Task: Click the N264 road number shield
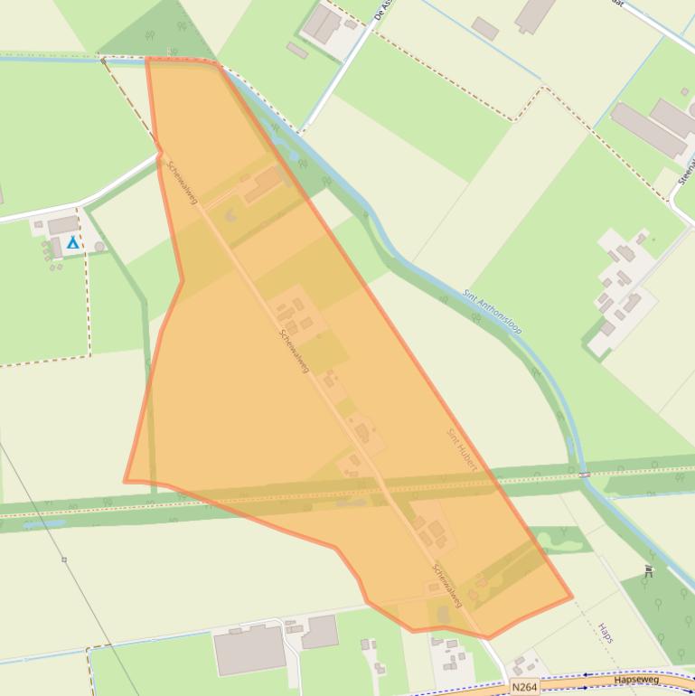pos(524,687)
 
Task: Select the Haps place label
pos(605,633)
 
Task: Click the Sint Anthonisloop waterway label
pos(493,312)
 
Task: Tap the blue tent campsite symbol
pos(73,242)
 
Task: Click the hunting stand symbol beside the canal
pos(648,570)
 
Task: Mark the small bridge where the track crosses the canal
pos(585,474)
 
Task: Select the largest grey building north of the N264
pos(249,650)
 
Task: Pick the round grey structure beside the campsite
pos(99,246)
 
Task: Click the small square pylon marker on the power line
pos(64,560)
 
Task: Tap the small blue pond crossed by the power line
pos(44,522)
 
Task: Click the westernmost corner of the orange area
pos(125,481)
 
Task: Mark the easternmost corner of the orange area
pos(571,597)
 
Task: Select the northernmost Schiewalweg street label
pos(182,183)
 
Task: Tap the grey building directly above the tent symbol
pos(62,225)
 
